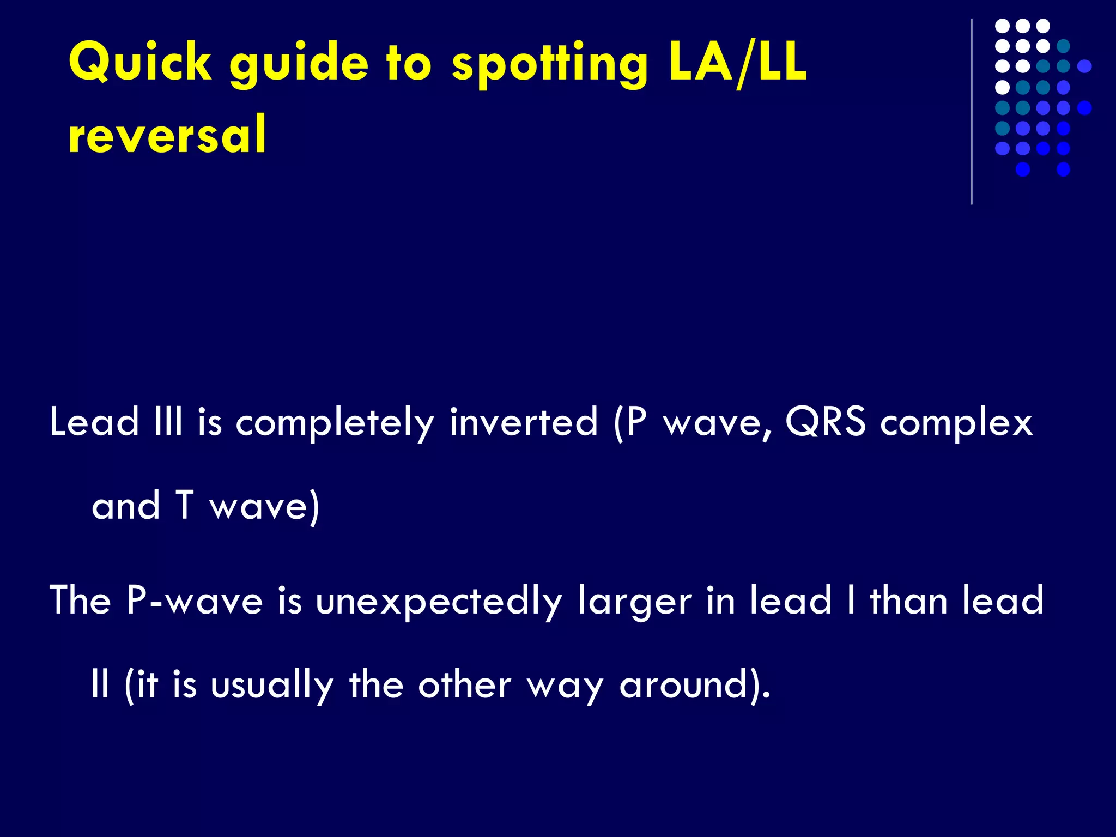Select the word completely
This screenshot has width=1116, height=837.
335,423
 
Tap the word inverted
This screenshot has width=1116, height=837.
523,422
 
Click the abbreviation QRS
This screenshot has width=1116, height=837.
826,422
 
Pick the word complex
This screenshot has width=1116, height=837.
956,423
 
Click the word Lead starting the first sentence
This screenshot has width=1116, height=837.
94,422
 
